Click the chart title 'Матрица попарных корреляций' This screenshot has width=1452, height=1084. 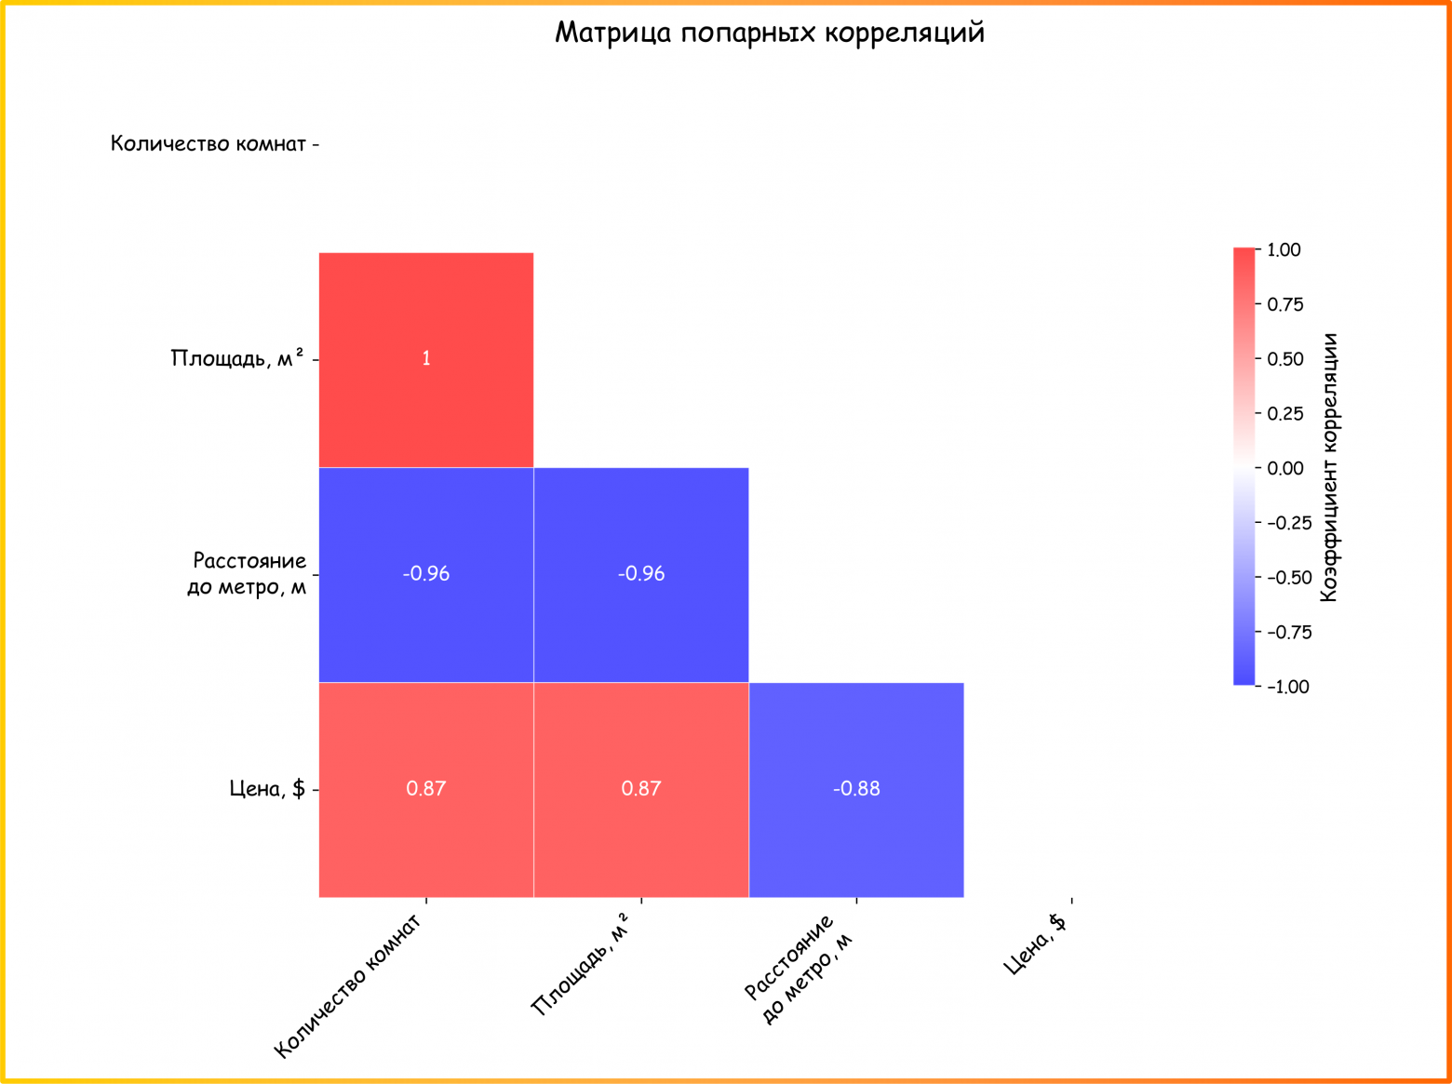click(x=769, y=33)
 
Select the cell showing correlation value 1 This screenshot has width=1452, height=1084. click(x=426, y=359)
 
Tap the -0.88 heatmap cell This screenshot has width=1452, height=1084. click(x=856, y=789)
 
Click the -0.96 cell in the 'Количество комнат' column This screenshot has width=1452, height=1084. click(x=426, y=574)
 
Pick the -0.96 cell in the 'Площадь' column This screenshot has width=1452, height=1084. click(x=641, y=574)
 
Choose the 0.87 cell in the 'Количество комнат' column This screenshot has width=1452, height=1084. click(x=426, y=789)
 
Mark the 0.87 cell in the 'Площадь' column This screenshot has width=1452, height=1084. click(x=641, y=789)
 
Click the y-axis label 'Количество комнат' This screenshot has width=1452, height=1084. click(x=208, y=144)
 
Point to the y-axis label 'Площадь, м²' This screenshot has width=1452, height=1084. click(x=237, y=359)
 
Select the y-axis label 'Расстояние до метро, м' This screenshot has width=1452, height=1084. click(x=248, y=574)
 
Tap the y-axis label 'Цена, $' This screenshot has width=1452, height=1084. click(x=267, y=789)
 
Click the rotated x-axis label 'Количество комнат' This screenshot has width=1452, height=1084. click(x=348, y=986)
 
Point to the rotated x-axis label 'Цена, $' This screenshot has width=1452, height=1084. click(x=1035, y=944)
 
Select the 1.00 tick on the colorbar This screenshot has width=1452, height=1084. click(x=1284, y=250)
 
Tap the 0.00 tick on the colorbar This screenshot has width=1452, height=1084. click(x=1284, y=468)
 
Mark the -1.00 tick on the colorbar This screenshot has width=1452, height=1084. click(x=1287, y=687)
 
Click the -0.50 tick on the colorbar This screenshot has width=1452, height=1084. click(x=1288, y=578)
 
